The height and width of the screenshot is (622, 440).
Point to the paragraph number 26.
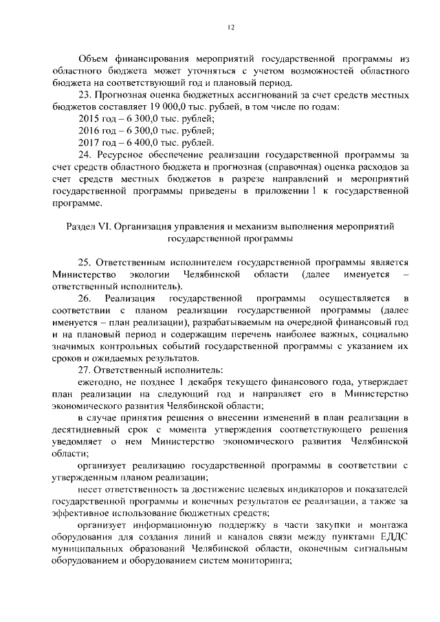(x=85, y=298)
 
